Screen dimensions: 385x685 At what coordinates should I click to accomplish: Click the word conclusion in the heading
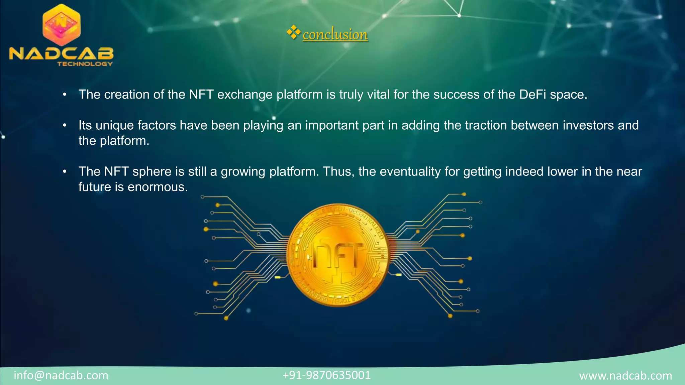point(335,34)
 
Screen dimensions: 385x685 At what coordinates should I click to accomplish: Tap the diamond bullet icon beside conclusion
point(293,32)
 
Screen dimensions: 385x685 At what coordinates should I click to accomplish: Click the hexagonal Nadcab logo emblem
point(62,25)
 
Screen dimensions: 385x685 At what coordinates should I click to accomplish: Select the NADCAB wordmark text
point(62,53)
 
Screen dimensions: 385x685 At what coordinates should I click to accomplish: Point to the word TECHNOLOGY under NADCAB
point(85,64)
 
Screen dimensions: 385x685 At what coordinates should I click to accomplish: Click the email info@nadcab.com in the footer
point(61,375)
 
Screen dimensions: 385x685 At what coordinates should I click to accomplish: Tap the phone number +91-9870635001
point(326,375)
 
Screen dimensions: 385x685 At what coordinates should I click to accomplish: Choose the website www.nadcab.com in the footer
point(625,376)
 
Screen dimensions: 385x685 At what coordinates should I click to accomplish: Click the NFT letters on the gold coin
point(338,256)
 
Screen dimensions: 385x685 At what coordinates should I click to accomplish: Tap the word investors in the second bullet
point(588,125)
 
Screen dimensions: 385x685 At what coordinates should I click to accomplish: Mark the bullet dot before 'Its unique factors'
point(65,126)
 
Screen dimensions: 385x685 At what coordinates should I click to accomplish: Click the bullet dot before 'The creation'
point(65,95)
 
